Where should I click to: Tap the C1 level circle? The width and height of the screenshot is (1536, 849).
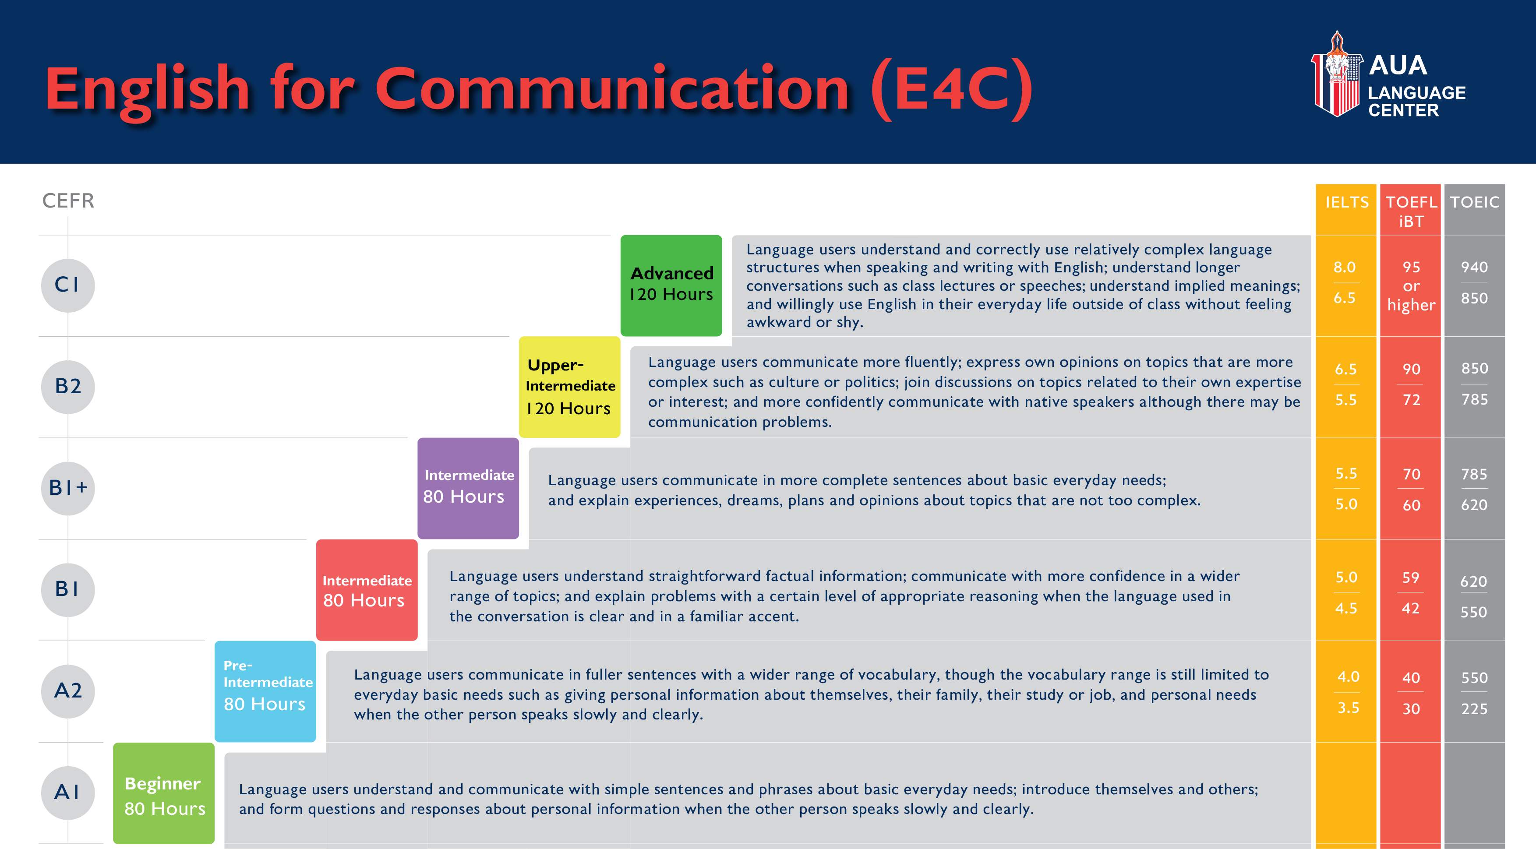pos(68,285)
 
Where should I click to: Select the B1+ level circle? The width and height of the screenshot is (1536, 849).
pos(68,488)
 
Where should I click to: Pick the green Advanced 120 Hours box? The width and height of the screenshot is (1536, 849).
pos(671,285)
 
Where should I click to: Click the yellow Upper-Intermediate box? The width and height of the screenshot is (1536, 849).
pos(569,387)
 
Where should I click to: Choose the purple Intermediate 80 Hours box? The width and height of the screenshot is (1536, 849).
pos(468,488)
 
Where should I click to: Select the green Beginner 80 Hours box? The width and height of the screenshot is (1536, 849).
pos(164,793)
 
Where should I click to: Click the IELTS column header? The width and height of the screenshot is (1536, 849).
pos(1347,203)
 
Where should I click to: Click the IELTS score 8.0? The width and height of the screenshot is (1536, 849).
pos(1345,267)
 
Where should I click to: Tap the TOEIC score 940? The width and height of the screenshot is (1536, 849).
pos(1474,267)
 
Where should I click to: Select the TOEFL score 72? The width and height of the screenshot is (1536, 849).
pos(1411,399)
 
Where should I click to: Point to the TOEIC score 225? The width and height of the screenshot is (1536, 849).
pos(1474,709)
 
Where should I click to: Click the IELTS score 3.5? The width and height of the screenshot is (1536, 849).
pos(1348,708)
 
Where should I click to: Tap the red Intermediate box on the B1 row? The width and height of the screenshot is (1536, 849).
pos(367,590)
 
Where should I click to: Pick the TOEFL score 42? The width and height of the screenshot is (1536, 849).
pos(1411,608)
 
